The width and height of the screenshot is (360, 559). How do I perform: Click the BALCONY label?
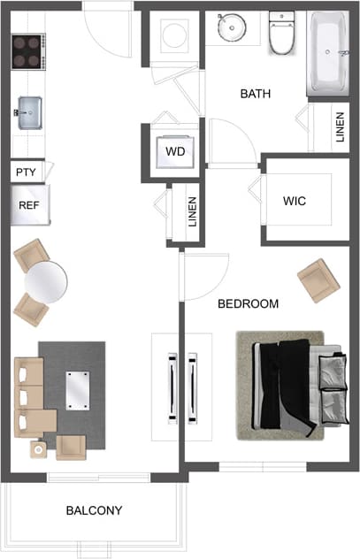[94, 511]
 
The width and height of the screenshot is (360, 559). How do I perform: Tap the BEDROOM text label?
[249, 304]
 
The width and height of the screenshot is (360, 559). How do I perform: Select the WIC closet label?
[295, 202]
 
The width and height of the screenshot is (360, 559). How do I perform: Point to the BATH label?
[256, 94]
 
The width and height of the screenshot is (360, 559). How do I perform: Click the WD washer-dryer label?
[176, 151]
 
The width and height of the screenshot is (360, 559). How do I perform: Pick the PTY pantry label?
[26, 172]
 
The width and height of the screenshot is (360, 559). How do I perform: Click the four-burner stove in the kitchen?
[28, 51]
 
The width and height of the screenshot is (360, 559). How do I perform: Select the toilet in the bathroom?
[282, 34]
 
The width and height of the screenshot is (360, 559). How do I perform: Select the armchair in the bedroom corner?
[318, 280]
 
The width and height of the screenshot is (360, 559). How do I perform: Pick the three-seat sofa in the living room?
[29, 395]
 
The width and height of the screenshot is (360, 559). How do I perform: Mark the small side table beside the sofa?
[40, 449]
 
